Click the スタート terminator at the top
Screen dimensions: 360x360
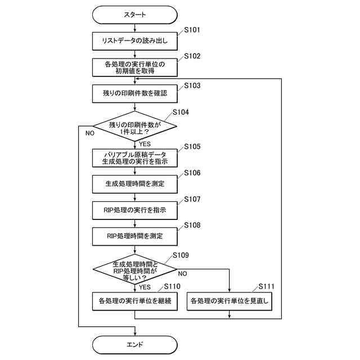coord(135,15)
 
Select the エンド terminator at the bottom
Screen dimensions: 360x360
coord(135,345)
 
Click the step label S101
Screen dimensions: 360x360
coord(192,30)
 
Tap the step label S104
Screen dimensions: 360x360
coord(181,112)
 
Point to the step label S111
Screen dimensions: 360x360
coord(266,286)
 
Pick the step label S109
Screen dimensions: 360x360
coord(181,255)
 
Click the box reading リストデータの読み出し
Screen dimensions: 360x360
coord(135,41)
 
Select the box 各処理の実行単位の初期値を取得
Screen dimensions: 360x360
coord(135,67)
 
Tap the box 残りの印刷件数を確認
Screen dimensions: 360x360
coord(135,94)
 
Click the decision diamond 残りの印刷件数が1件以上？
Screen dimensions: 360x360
coord(135,126)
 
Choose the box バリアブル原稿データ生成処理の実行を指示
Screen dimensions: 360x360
coord(135,158)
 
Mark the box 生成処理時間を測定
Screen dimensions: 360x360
coord(135,184)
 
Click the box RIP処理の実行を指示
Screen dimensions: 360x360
coord(135,210)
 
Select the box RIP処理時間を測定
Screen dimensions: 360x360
coord(135,236)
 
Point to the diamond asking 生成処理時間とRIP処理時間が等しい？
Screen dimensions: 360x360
coord(135,269)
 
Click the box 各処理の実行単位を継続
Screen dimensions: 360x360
coord(135,301)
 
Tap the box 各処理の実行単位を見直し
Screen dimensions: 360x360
coord(229,301)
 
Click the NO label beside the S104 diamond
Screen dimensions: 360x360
coord(90,133)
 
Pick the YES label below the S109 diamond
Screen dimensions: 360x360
coord(145,287)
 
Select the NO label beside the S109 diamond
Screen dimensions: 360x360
coord(182,274)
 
